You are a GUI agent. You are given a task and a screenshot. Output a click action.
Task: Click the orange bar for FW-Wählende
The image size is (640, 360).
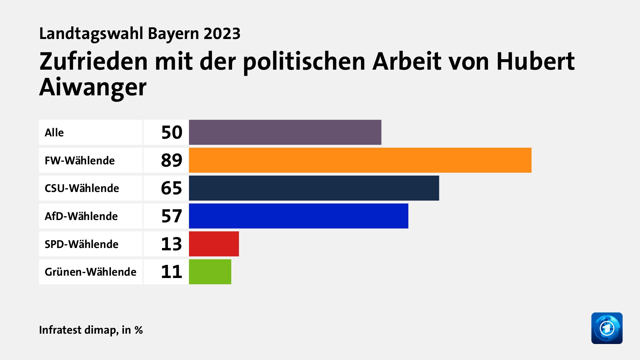coord(360,160)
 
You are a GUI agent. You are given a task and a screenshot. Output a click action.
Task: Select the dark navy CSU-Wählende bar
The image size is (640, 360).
coord(314,188)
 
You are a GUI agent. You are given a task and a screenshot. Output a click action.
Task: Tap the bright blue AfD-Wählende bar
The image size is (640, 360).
coord(298,216)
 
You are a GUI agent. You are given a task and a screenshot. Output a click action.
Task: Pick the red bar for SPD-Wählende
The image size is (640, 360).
coord(214,244)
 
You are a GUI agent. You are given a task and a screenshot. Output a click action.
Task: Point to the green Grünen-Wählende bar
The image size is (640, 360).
coord(210,272)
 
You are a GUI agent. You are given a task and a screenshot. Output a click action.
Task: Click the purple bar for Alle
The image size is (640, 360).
coord(285,132)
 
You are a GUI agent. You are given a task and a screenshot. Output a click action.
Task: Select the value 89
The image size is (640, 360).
coord(171,160)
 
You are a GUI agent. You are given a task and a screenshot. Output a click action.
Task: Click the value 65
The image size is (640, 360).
coord(171,188)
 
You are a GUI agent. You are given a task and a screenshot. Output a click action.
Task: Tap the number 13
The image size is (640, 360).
coord(171,244)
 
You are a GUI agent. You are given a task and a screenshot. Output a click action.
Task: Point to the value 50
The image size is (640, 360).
coord(172,132)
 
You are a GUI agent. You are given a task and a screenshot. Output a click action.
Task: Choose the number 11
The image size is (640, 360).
coord(171,272)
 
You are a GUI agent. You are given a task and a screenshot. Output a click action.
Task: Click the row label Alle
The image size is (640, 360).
coord(54,133)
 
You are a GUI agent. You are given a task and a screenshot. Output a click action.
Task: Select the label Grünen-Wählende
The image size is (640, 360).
coord(90,272)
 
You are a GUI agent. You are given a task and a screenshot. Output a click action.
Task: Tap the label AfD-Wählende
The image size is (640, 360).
coord(81,216)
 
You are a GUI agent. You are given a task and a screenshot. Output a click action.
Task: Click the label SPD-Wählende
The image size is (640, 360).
coord(81,244)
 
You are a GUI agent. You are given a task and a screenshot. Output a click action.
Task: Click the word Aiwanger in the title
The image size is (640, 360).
coord(93,87)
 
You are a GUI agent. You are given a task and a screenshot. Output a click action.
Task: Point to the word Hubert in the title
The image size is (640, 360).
coord(535,62)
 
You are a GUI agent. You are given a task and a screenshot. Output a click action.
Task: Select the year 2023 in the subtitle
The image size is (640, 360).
coord(222,34)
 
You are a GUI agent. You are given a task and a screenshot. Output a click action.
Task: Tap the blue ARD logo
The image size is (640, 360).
coord(607,328)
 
